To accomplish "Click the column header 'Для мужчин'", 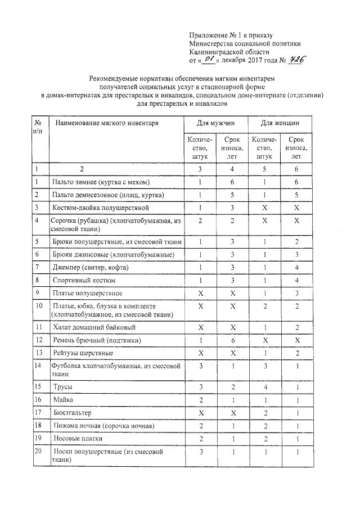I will point(215,122).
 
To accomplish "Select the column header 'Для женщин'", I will point(280,122).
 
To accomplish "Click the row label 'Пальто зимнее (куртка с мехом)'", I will point(101,182).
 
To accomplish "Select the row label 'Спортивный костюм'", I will point(84,280).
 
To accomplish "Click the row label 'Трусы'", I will point(62,388).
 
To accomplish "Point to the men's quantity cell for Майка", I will point(200,399).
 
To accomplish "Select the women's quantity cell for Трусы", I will point(264,388).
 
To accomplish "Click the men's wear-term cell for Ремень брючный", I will point(232,340).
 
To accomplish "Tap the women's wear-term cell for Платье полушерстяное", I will point(296,292).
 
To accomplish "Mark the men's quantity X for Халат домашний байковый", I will point(200,327).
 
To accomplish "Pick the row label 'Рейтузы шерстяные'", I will point(83,353).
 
